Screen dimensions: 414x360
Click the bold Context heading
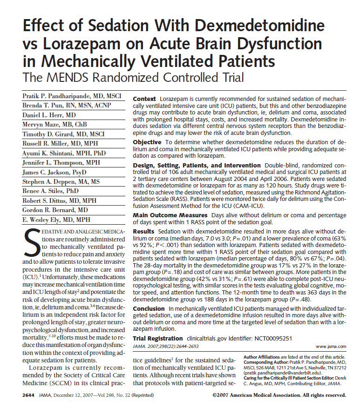point(144,100)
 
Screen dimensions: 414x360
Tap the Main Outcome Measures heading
point(170,215)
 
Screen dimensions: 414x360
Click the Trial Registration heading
point(158,338)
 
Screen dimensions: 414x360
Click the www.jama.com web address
point(331,347)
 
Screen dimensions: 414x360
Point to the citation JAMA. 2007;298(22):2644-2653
point(166,347)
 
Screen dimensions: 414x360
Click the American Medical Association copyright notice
point(278,395)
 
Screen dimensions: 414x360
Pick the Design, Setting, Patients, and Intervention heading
point(197,165)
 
